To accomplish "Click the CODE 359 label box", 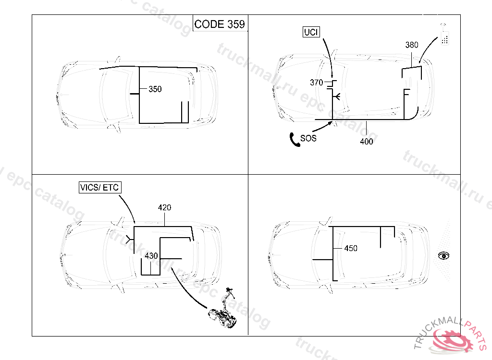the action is [x=220, y=24].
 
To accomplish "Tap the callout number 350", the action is [x=155, y=89].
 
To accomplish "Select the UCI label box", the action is [x=311, y=32].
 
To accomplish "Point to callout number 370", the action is [x=316, y=83].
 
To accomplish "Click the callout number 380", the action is [x=412, y=45].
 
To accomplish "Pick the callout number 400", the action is [x=367, y=142].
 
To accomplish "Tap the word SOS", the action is [x=308, y=138].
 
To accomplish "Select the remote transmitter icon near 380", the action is [x=444, y=35].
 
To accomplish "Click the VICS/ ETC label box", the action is [x=100, y=187].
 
